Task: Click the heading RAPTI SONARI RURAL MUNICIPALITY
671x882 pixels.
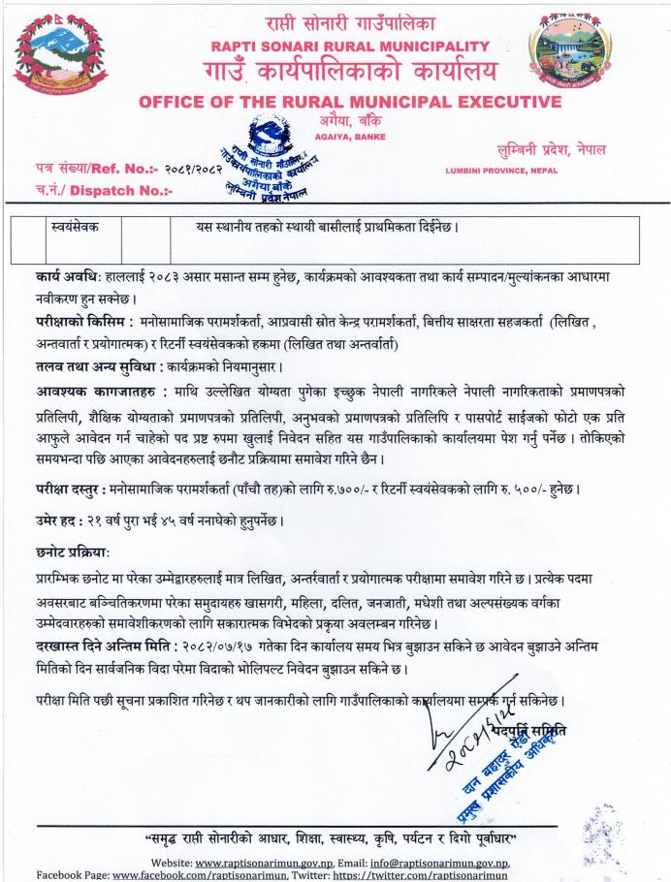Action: click(350, 47)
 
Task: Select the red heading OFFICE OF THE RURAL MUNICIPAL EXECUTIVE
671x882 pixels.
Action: click(350, 102)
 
